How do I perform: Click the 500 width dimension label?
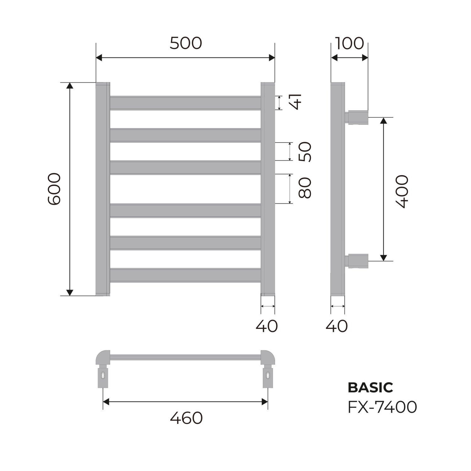pos(186,43)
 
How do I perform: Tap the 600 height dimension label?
pos(54,189)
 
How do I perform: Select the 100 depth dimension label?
pos(349,43)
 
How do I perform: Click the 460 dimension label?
pos(186,418)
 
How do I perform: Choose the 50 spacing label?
pos(305,152)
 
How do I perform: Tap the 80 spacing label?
pos(305,188)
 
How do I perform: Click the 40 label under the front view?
pos(267,326)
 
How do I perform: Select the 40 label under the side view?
pos(337,326)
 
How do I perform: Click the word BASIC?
pos(370,388)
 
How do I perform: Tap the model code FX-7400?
pos(382,407)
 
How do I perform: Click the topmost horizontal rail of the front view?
pos(185,103)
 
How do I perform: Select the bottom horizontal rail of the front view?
pos(185,275)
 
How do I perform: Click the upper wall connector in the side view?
pos(357,117)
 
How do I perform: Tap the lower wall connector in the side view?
pos(357,261)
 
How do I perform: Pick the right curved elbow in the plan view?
pos(268,358)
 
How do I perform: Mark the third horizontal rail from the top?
pos(185,167)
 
